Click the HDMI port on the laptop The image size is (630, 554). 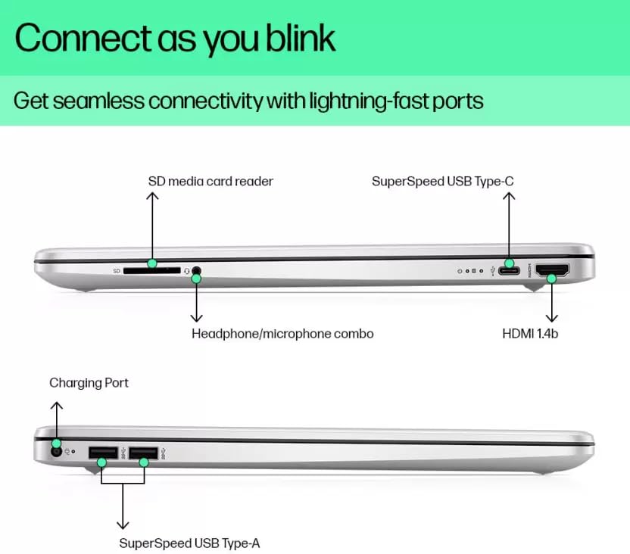552,270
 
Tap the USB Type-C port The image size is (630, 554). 509,270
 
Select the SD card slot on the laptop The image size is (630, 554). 151,269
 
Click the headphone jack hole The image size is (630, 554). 198,269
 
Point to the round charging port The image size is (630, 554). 55,453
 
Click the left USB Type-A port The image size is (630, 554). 102,453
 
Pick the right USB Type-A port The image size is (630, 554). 142,453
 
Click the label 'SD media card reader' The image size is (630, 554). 211,181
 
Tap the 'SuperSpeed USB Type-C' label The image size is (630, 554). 443,181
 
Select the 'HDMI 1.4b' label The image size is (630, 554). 530,333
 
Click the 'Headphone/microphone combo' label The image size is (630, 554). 282,333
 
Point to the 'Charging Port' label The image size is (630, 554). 89,383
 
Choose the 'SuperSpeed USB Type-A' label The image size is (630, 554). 190,543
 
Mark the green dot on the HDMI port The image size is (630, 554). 552,279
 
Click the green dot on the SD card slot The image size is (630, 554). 152,263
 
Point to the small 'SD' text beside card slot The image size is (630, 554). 117,270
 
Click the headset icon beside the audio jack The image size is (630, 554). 186,270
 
